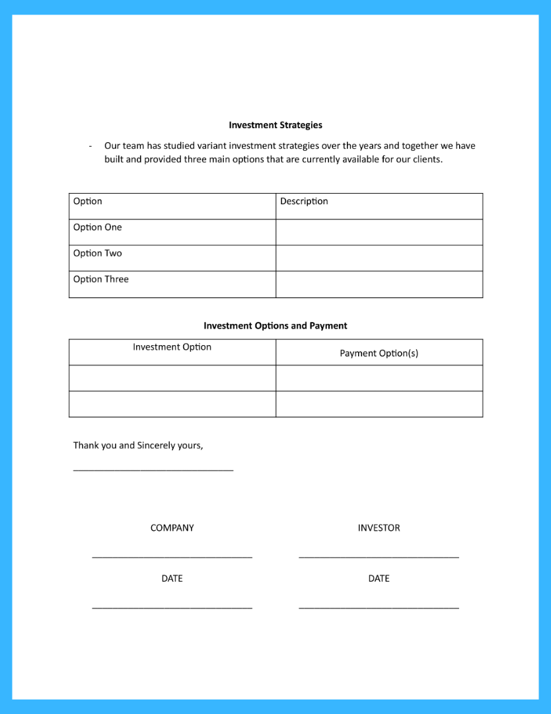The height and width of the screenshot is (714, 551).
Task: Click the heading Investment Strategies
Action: pos(275,125)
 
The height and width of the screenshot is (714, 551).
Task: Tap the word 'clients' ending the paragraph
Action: pos(426,160)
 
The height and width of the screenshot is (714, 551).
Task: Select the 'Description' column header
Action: pos(304,202)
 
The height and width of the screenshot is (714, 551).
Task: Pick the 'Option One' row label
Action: pos(98,227)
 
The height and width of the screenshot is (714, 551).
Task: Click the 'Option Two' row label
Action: pos(98,253)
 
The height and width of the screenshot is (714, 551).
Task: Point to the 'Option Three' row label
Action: pos(101,280)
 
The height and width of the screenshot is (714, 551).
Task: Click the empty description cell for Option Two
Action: pos(379,258)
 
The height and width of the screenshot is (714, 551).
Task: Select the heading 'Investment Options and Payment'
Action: pos(275,326)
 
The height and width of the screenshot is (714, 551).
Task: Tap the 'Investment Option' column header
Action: pos(172,347)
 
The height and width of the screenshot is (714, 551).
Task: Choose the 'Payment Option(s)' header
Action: pos(379,354)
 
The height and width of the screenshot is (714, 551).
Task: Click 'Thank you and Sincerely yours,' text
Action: pos(138,446)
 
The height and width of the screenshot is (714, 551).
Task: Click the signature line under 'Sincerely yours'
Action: pos(153,470)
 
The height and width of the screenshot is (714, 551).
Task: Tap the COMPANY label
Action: pos(172,528)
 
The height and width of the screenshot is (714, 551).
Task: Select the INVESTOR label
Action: pos(379,528)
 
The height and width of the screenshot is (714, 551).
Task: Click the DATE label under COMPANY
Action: pos(172,578)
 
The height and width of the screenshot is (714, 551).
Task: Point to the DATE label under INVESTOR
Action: pos(379,578)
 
